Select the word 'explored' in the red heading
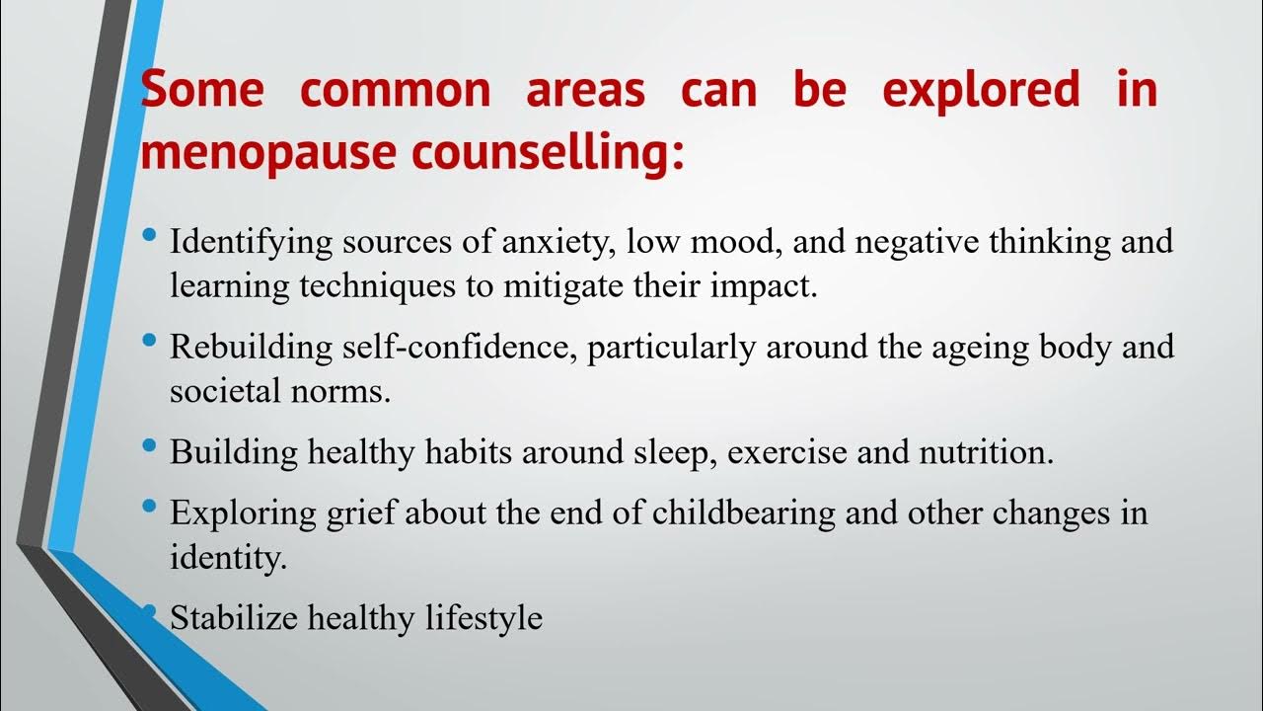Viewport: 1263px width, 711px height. point(981,90)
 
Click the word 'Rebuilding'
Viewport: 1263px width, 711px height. point(246,349)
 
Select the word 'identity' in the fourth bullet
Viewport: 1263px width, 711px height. point(226,557)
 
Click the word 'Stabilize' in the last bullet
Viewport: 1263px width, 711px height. point(236,618)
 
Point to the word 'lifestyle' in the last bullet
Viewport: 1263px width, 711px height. point(484,618)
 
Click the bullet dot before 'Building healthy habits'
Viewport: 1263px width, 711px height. point(149,446)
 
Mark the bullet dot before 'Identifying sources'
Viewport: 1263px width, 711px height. point(149,236)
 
